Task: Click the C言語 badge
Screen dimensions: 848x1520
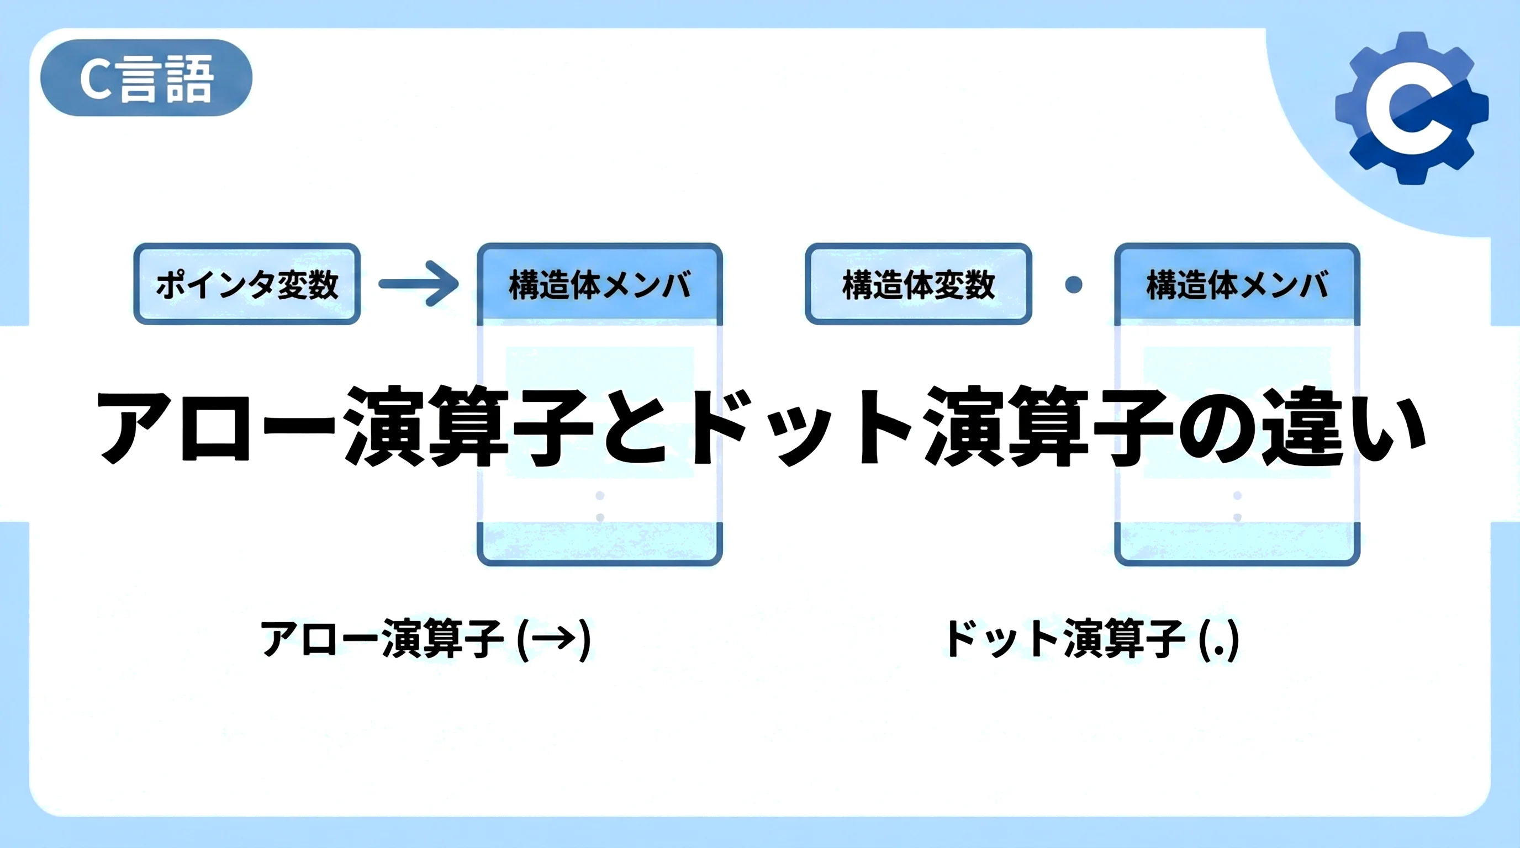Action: pos(146,78)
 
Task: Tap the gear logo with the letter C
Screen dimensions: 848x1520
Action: pos(1412,108)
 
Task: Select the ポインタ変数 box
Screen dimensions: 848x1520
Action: pos(247,284)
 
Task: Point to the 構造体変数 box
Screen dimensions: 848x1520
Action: pos(918,284)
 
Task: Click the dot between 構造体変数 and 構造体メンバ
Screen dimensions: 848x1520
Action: pos(1073,285)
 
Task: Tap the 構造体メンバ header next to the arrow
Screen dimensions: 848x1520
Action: pos(599,284)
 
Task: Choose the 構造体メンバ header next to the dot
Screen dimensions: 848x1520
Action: pos(1237,284)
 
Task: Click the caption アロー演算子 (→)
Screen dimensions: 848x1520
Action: pos(425,639)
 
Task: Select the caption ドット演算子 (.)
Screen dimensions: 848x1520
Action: pos(1091,639)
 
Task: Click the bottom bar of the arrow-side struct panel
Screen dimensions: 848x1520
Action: pos(599,542)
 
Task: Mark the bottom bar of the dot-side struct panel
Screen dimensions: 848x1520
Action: pos(1237,542)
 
